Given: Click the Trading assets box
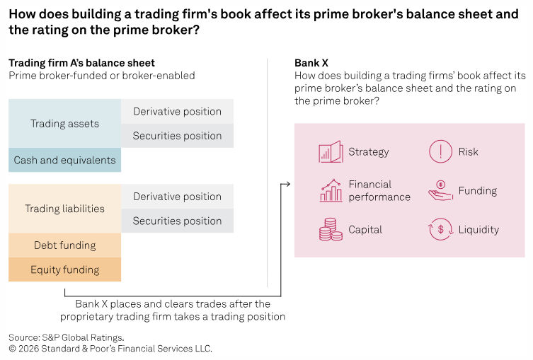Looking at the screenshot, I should [64, 124].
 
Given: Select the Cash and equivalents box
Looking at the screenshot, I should [64, 160].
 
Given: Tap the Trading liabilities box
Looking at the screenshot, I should [64, 209].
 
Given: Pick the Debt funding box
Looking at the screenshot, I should [64, 245].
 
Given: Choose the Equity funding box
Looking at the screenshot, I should [64, 269].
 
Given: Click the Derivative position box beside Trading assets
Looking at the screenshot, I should [177, 112].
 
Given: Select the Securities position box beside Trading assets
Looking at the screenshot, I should [177, 136].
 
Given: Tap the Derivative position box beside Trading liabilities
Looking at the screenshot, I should [177, 197].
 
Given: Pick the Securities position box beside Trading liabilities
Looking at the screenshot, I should [177, 221].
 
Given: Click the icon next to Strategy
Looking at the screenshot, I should [331, 151].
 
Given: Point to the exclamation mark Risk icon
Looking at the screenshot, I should [440, 151].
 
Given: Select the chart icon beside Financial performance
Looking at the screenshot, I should [331, 190].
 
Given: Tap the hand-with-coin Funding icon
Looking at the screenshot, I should [440, 190].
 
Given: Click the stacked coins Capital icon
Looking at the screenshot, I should [328, 229].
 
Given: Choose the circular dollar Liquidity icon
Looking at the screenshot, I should [440, 229].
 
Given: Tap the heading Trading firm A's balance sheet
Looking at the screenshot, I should [81, 63].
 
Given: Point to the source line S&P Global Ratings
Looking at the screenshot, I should [67, 337].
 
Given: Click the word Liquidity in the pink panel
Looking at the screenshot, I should [478, 229].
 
